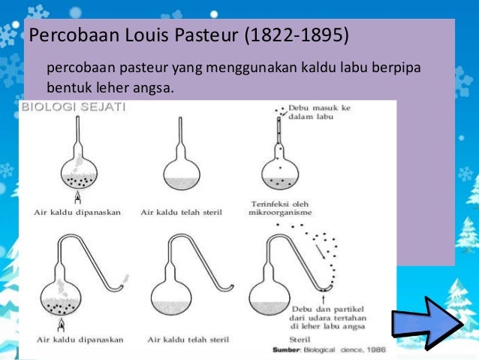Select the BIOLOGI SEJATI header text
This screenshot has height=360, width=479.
[74, 107]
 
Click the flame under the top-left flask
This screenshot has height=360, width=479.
[78, 198]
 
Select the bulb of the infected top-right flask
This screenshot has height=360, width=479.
[280, 171]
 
